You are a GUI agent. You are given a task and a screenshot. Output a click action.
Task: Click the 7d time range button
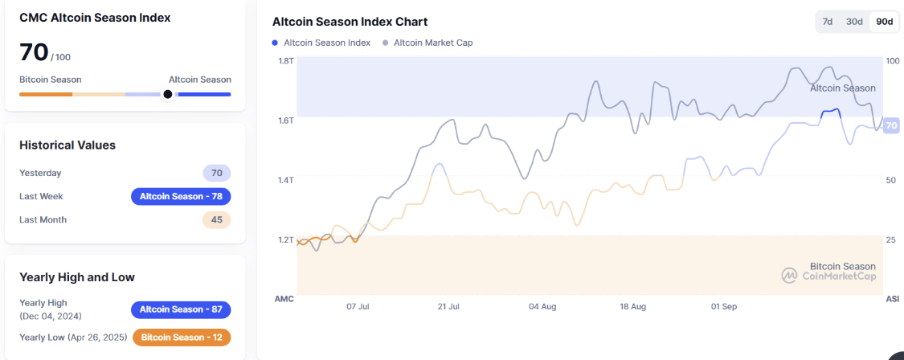click(828, 22)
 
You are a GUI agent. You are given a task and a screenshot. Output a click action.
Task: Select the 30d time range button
click(854, 22)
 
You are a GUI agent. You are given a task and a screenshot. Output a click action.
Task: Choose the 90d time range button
click(884, 22)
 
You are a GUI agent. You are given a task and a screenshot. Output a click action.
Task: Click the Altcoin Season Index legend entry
click(321, 43)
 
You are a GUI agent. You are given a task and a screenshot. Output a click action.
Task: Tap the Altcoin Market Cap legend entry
click(427, 43)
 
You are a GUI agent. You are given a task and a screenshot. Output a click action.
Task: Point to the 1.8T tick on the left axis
click(286, 61)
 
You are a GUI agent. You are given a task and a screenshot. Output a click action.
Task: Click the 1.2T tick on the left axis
click(286, 240)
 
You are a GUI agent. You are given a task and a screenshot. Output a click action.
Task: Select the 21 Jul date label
click(448, 307)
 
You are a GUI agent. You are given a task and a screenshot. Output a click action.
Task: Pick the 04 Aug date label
click(542, 307)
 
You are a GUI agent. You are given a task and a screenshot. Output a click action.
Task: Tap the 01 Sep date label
click(724, 307)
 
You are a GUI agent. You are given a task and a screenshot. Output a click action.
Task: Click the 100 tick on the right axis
click(891, 61)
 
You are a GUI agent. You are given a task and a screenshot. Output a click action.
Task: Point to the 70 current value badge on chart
click(891, 125)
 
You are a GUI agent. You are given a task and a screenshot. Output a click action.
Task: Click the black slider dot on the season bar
click(168, 94)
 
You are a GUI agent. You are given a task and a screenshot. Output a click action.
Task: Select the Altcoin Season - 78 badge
click(181, 196)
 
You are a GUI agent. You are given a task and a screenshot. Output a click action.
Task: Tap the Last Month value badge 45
click(217, 219)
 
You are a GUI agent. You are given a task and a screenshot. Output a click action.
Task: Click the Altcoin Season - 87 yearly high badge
click(181, 309)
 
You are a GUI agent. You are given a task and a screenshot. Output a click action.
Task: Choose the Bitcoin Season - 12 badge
click(182, 337)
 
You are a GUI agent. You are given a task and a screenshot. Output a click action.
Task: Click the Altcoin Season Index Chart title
click(350, 22)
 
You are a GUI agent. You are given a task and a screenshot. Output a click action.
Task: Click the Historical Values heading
click(67, 145)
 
